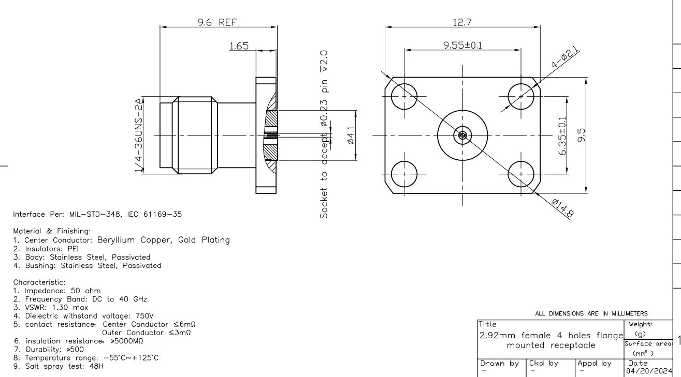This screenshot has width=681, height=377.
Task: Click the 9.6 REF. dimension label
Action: [216, 23]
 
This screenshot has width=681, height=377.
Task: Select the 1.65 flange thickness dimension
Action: [239, 46]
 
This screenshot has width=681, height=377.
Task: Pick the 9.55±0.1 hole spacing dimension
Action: [463, 46]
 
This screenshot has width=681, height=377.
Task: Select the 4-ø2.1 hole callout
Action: [565, 57]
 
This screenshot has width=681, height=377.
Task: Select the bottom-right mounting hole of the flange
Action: [521, 174]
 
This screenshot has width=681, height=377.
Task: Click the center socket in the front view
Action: [462, 135]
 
